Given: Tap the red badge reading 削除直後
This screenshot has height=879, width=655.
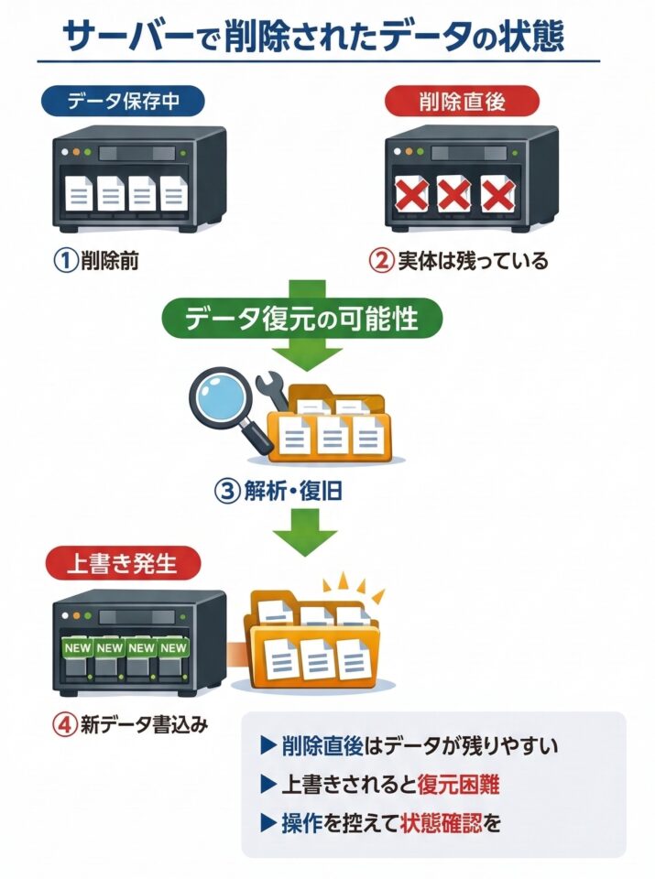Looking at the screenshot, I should click(x=463, y=102).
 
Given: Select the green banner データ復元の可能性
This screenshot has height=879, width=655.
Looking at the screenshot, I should click(x=301, y=320).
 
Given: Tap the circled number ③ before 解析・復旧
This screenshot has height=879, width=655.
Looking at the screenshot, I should click(x=226, y=491).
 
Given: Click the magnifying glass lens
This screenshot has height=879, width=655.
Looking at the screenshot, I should click(x=220, y=396).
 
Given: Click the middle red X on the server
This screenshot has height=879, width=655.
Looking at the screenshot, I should click(x=454, y=194).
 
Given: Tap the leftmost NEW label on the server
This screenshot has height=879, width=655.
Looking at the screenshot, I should click(x=77, y=648).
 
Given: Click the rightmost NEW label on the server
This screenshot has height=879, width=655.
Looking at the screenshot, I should click(x=173, y=648).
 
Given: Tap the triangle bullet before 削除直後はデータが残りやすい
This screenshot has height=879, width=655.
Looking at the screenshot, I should click(x=267, y=746).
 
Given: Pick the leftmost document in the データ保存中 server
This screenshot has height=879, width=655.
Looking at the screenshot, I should click(x=79, y=192).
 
